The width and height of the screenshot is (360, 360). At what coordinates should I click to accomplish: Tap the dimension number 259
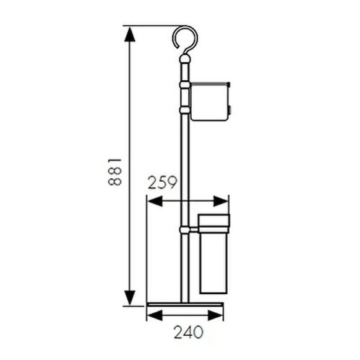coord(163,182)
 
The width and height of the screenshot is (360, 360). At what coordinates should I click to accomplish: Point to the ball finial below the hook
coord(184,60)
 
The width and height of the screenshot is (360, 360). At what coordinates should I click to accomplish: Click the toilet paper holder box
coord(210,101)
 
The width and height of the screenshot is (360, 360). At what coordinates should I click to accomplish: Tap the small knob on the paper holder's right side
coord(230,109)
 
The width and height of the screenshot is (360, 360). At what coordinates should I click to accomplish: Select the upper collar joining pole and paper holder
coord(184,83)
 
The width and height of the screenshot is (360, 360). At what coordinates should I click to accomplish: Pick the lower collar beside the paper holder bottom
coord(184,110)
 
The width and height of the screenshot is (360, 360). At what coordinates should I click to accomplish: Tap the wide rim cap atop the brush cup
coord(214,220)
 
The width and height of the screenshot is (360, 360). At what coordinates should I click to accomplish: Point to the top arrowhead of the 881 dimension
coord(129,34)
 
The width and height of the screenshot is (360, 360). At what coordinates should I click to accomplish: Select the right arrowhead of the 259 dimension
coord(221,202)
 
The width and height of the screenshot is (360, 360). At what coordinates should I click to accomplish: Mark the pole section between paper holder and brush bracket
coord(184,168)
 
